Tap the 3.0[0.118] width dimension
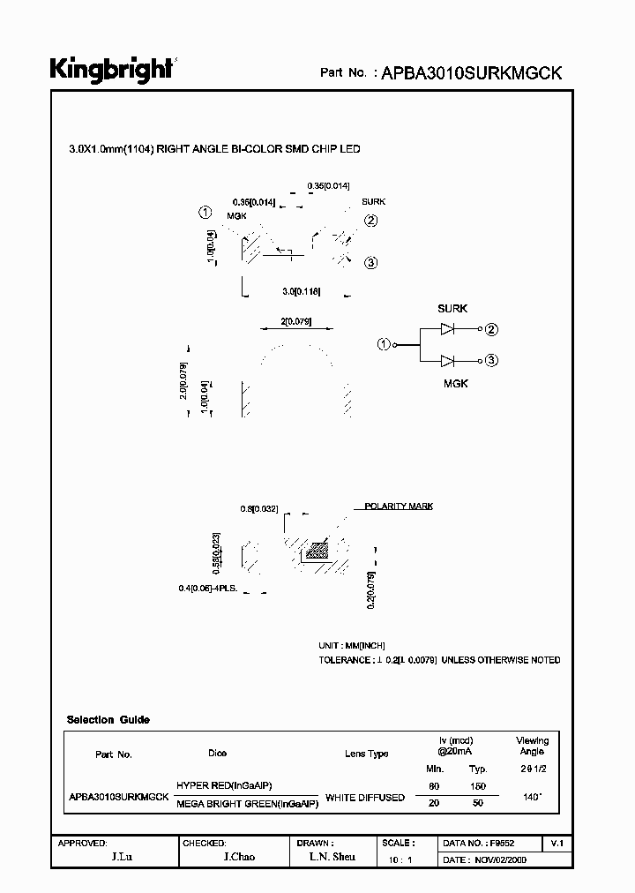click(x=301, y=290)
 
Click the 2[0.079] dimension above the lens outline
click(x=295, y=321)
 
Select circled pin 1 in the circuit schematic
click(x=384, y=344)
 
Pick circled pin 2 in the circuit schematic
click(x=492, y=330)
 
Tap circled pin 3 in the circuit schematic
click(x=492, y=360)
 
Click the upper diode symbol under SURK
click(x=448, y=330)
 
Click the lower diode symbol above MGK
click(x=448, y=360)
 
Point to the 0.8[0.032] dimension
click(x=259, y=509)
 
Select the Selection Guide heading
click(x=108, y=720)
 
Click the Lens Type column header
click(x=366, y=754)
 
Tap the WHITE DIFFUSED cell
click(x=365, y=798)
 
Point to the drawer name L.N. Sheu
click(x=332, y=858)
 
